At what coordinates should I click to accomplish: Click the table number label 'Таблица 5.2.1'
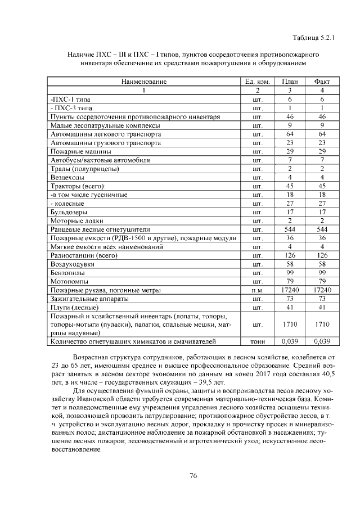(313, 38)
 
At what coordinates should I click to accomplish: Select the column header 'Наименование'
(143, 82)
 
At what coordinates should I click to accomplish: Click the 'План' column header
(289, 82)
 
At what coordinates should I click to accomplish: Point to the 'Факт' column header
(322, 82)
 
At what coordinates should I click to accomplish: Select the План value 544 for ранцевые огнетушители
(289, 229)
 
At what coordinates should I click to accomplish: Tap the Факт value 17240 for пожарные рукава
(322, 290)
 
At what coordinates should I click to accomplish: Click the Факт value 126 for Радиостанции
(322, 255)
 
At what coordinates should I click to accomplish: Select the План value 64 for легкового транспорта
(289, 134)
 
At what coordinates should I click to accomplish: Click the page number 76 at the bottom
(193, 475)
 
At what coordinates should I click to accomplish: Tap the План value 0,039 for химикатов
(289, 341)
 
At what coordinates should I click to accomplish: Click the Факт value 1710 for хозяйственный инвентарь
(322, 325)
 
